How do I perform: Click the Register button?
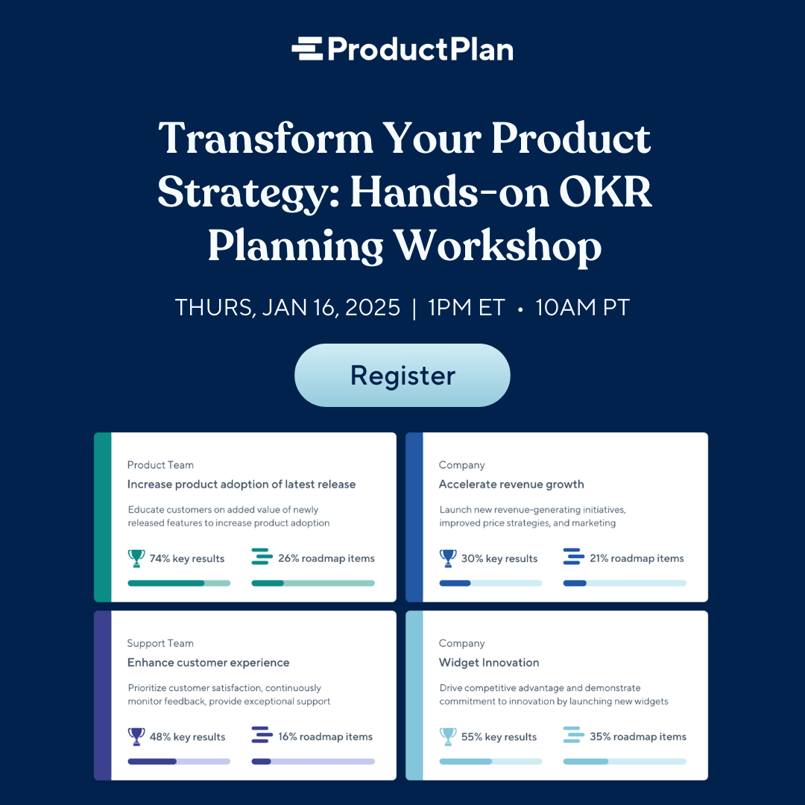pyautogui.click(x=402, y=375)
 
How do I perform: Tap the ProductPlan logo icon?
pyautogui.click(x=307, y=48)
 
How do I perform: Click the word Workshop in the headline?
pyautogui.click(x=497, y=247)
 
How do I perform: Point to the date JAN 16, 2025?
pyautogui.click(x=331, y=308)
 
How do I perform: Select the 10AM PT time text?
pyautogui.click(x=582, y=308)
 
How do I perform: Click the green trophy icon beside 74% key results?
pyautogui.click(x=136, y=558)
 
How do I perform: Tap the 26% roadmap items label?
pyautogui.click(x=326, y=558)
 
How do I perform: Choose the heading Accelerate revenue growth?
pyautogui.click(x=511, y=484)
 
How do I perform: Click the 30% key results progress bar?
pyautogui.click(x=490, y=583)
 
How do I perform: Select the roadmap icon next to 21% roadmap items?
pyautogui.click(x=573, y=557)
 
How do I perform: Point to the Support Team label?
pyautogui.click(x=160, y=643)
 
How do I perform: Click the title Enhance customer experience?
pyautogui.click(x=209, y=663)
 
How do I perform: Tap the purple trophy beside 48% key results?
pyautogui.click(x=136, y=736)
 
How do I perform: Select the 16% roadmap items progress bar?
pyautogui.click(x=313, y=761)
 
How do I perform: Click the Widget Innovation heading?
pyautogui.click(x=489, y=663)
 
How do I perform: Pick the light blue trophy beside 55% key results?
pyautogui.click(x=448, y=736)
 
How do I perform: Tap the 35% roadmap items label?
pyautogui.click(x=638, y=736)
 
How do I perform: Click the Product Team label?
pyautogui.click(x=160, y=465)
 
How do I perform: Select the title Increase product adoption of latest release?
pyautogui.click(x=241, y=484)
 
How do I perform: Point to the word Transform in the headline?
pyautogui.click(x=266, y=138)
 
